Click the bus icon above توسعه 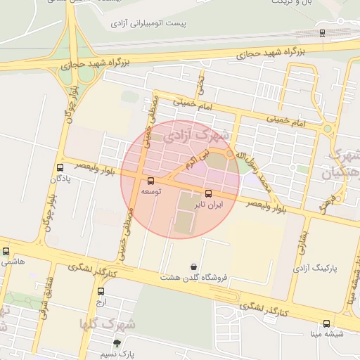point(150,181)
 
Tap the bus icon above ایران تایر point(208,193)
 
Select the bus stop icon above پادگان point(60,168)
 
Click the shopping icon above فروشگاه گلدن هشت point(193,266)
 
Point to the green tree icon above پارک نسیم point(117,343)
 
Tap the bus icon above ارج point(101,291)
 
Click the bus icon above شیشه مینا point(326,323)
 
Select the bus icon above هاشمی point(6,251)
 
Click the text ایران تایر point(209,205)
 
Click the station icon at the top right point(322,32)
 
